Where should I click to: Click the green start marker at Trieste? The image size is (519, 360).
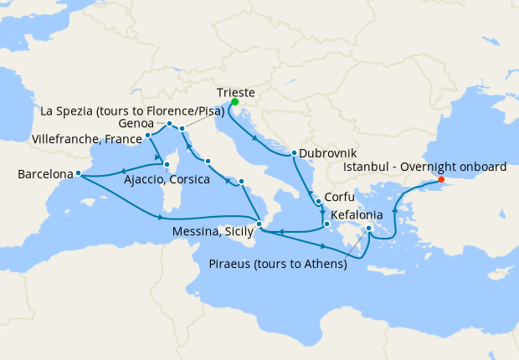tap(234, 102)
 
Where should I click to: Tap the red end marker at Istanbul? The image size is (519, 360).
tap(441, 179)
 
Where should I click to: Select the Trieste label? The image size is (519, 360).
tap(235, 93)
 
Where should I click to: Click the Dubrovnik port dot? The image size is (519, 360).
tap(294, 153)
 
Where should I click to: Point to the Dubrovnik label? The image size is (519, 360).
tap(328, 154)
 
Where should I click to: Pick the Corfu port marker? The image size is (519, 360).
tap(319, 202)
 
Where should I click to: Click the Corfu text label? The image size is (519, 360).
tap(341, 201)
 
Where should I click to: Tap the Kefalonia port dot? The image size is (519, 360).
tap(326, 223)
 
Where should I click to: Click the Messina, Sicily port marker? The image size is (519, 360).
tap(259, 224)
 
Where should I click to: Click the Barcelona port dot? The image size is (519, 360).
tap(78, 173)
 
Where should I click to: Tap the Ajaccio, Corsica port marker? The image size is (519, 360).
tap(167, 164)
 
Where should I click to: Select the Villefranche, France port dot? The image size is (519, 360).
tap(147, 136)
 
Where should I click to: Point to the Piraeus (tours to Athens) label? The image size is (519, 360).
tap(277, 265)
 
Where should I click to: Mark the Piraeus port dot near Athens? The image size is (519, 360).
tap(369, 227)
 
